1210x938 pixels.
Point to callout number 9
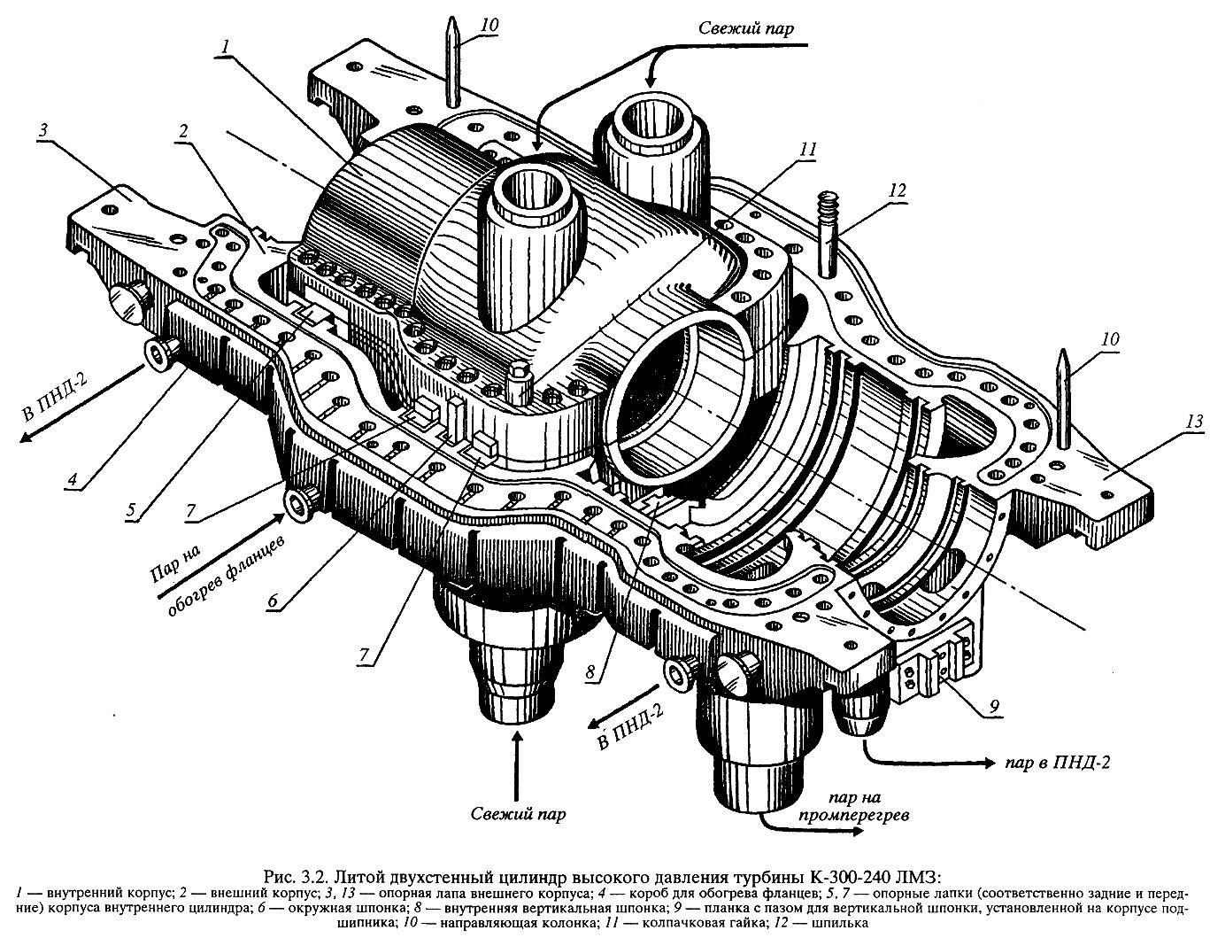pos(994,706)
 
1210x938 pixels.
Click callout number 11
pos(806,149)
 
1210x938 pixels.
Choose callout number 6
pos(274,601)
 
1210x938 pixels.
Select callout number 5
pos(130,510)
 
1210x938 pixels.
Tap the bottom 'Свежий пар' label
pos(519,814)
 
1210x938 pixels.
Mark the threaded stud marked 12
pos(829,235)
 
